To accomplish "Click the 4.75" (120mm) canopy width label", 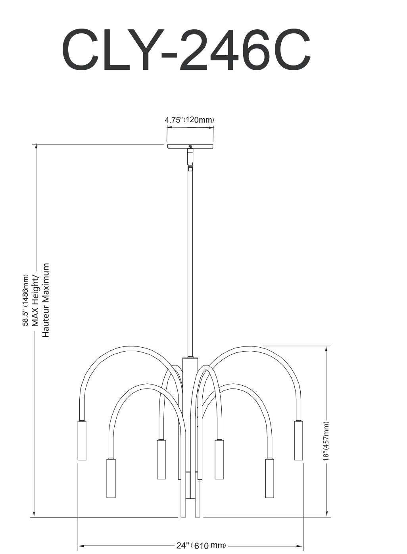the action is (x=189, y=120).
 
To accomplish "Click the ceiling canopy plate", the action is (x=190, y=146).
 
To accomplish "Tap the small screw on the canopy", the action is (x=190, y=146).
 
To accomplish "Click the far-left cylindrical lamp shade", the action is (x=82, y=441).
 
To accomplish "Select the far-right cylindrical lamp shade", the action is (x=298, y=441).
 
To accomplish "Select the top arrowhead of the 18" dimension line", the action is (x=326, y=349).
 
